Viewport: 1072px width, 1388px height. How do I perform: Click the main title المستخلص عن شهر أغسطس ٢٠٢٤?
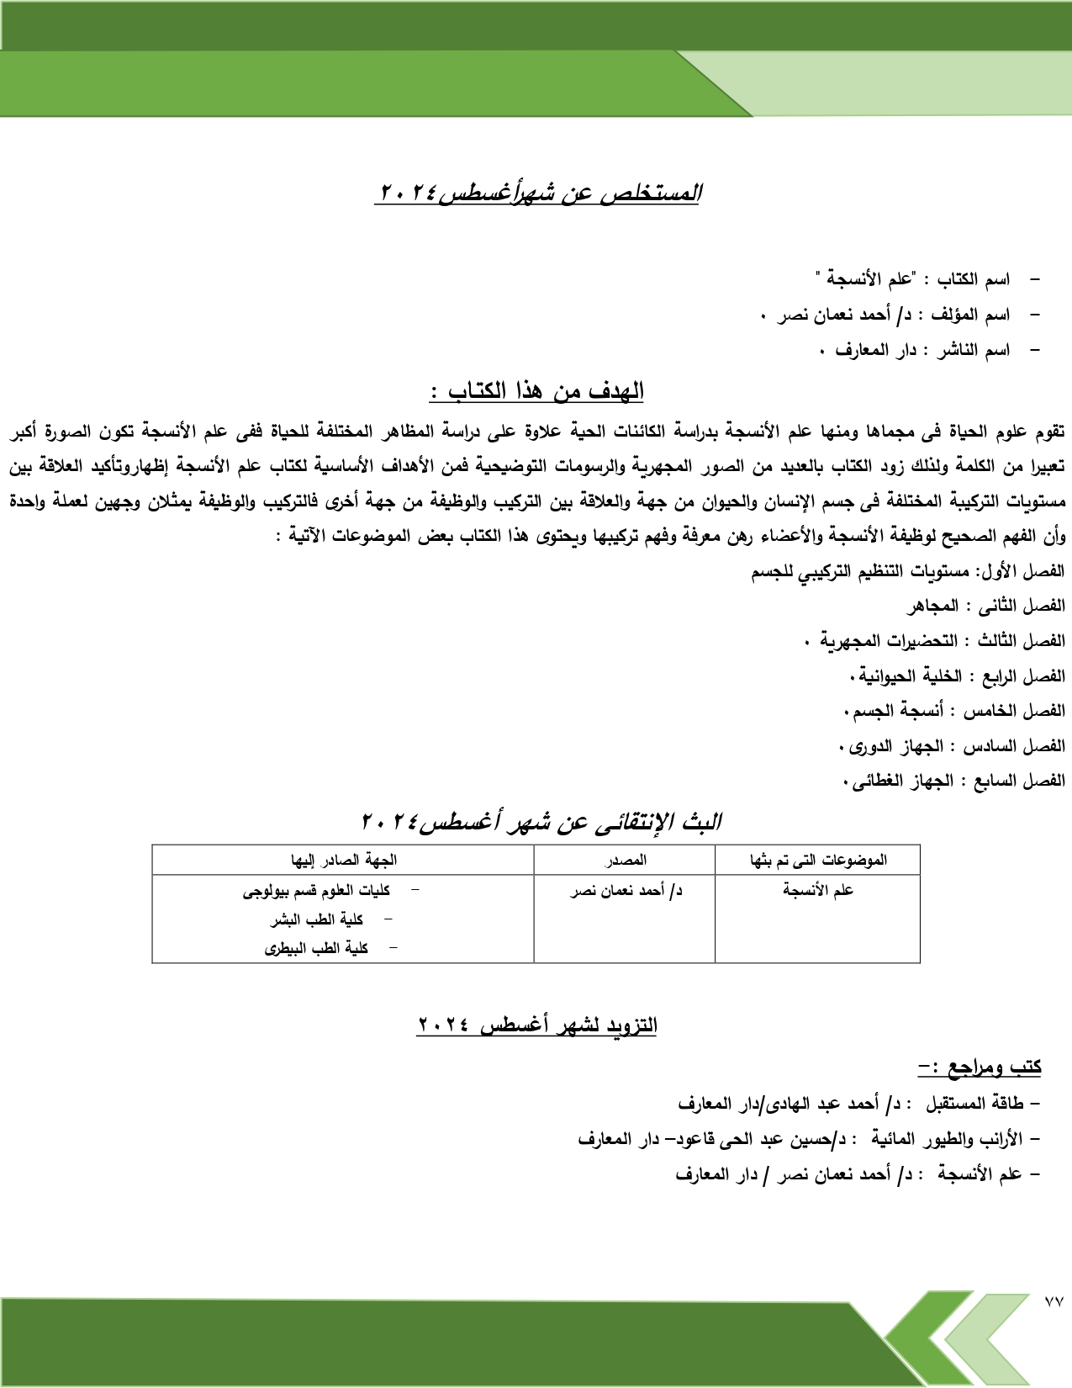pos(538,193)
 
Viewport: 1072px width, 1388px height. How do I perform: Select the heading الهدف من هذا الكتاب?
pos(537,391)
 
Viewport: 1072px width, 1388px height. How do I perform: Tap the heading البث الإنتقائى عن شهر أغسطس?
pos(541,822)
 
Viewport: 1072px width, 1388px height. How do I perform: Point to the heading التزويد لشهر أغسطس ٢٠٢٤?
pos(537,1025)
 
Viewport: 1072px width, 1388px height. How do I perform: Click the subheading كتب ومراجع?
pos(980,1067)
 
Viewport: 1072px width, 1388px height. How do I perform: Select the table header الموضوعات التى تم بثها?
pos(817,860)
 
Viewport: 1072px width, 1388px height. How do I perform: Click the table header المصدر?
pos(625,860)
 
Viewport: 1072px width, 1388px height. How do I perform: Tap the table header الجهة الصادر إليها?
pos(343,860)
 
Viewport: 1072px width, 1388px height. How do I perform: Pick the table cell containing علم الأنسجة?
pos(817,890)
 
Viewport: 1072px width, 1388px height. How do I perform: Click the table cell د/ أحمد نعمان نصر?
pos(626,890)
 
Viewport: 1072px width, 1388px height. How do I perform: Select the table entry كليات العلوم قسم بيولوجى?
pos(317,890)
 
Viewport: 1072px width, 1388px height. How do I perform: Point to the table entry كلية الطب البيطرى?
pos(317,948)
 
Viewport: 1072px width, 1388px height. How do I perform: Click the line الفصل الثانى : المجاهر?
pos(985,606)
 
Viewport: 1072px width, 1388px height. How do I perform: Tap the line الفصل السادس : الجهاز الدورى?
pos(952,746)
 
